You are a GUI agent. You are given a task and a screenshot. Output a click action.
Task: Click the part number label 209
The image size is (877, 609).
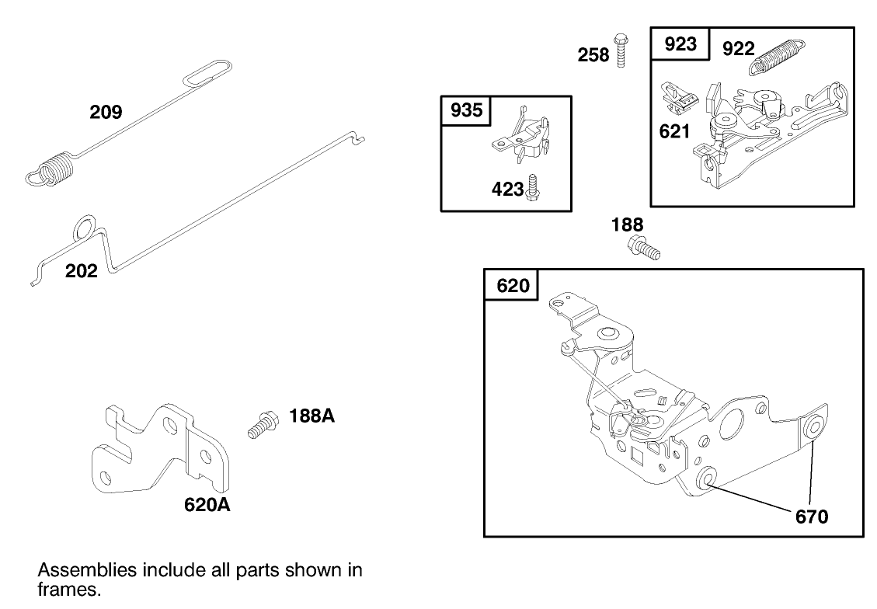click(106, 113)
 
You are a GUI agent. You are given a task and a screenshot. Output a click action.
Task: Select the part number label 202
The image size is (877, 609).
click(82, 271)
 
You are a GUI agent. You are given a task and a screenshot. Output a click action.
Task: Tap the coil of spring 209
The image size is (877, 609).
click(54, 170)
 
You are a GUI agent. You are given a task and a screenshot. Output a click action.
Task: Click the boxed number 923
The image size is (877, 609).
click(680, 44)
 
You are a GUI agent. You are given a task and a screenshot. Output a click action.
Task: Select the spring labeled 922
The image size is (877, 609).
click(779, 57)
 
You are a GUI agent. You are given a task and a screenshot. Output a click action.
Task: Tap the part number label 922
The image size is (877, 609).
click(738, 49)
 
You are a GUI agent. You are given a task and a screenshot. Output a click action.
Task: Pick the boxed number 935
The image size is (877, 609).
click(466, 110)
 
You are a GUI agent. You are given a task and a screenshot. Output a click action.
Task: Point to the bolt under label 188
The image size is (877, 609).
click(643, 249)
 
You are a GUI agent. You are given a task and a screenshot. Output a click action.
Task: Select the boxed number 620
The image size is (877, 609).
click(513, 286)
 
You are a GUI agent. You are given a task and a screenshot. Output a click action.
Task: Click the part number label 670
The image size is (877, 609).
click(812, 516)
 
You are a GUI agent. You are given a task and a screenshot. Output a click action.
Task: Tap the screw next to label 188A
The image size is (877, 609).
click(262, 424)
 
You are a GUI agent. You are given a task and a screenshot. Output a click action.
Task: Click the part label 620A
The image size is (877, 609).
click(207, 505)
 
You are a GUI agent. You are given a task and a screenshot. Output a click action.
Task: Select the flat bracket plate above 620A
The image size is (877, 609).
click(159, 450)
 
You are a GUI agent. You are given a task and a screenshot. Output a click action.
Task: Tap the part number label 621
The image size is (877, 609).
click(674, 131)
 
